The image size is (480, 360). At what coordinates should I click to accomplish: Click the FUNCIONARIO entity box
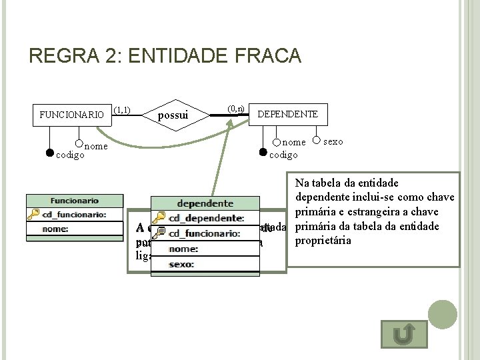pos(72,115)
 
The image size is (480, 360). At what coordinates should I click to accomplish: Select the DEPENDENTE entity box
pos(287,115)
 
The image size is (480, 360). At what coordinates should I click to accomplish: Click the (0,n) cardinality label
pos(236,108)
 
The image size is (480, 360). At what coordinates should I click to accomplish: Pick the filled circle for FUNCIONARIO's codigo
pos(49,152)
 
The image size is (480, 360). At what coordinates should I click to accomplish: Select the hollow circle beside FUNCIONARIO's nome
pos(79,143)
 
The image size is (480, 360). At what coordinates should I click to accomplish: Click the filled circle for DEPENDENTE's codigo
pos(263,153)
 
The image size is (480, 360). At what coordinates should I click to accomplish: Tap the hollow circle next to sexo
pos(316,141)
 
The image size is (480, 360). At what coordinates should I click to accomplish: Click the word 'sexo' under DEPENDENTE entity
pos(333,141)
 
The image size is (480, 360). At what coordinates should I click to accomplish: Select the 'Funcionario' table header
pos(75,200)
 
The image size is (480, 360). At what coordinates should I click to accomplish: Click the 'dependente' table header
pos(205,203)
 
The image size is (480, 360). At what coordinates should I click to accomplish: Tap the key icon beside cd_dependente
pos(159,218)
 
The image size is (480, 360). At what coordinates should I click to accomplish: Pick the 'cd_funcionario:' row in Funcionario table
pos(75,214)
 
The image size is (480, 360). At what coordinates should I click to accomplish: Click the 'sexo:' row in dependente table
pos(205,265)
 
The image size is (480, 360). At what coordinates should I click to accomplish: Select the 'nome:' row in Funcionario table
pos(75,229)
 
